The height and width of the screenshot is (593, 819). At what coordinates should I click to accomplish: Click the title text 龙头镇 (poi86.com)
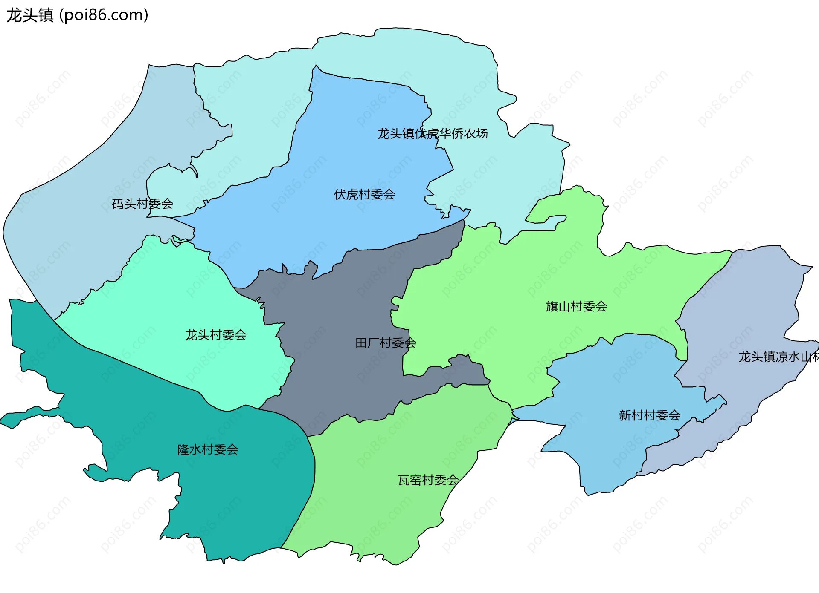[x=77, y=15]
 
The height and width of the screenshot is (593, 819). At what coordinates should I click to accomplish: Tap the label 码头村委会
[x=142, y=204]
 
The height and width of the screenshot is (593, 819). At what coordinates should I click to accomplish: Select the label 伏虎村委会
[x=364, y=195]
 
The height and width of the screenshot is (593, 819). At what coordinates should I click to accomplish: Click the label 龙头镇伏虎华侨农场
[x=433, y=134]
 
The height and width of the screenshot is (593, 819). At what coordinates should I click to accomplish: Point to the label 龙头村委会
[x=216, y=335]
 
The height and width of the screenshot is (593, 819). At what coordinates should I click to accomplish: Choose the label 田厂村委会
[x=386, y=343]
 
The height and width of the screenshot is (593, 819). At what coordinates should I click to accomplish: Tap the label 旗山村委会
[x=576, y=306]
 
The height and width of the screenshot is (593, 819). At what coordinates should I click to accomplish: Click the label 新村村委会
[x=649, y=415]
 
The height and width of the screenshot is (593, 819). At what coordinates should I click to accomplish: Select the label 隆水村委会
[x=208, y=449]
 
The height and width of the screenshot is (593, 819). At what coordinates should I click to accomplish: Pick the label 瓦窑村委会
[x=428, y=480]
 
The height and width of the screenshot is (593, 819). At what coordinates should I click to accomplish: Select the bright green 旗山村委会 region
[x=533, y=273]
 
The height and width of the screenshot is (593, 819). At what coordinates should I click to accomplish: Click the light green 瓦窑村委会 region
[x=384, y=511]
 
